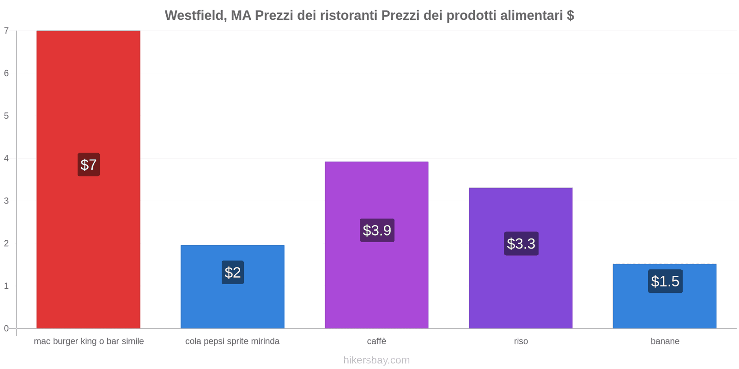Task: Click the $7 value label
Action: pyautogui.click(x=89, y=165)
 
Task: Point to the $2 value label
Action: pyautogui.click(x=233, y=273)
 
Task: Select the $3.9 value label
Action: pyautogui.click(x=377, y=230)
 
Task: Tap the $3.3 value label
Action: pyautogui.click(x=521, y=244)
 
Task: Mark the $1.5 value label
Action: pyautogui.click(x=665, y=281)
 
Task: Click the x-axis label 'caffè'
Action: pyautogui.click(x=376, y=341)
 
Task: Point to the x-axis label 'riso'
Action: pyautogui.click(x=521, y=341)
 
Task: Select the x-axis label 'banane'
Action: pyautogui.click(x=665, y=341)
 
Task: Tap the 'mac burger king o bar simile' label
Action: pyautogui.click(x=89, y=341)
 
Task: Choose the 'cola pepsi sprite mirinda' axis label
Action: pyautogui.click(x=232, y=341)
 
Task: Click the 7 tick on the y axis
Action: pyautogui.click(x=6, y=31)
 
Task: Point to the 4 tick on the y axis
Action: pyautogui.click(x=6, y=159)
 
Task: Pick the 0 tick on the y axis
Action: pyautogui.click(x=6, y=328)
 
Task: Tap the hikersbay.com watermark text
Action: pyautogui.click(x=376, y=360)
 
